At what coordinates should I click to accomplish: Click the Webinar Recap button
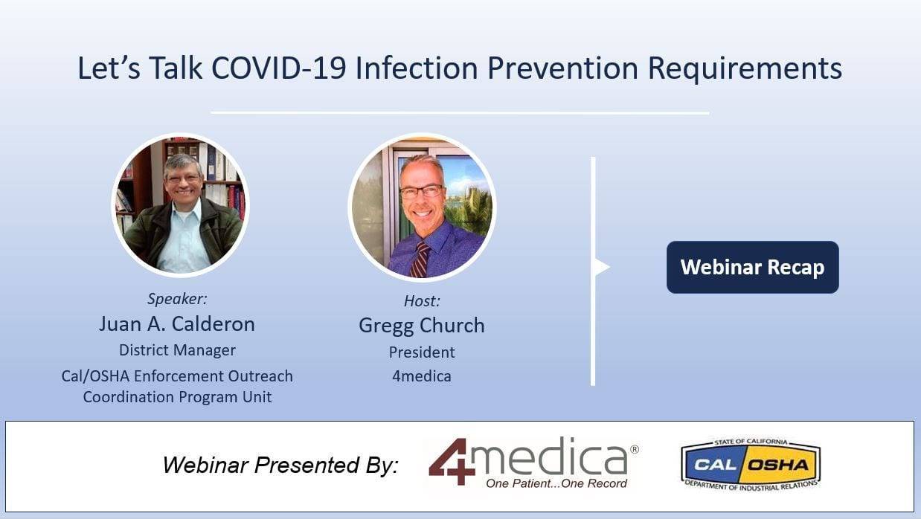752,267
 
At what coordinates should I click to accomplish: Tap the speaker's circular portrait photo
180,204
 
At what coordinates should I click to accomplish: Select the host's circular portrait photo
422,207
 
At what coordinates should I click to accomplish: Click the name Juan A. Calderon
177,323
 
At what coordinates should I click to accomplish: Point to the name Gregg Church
422,326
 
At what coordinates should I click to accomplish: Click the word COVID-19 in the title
278,68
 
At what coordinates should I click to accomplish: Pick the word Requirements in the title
745,69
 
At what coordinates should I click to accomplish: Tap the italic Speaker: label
177,299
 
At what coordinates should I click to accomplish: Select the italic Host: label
422,301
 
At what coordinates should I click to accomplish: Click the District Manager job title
177,350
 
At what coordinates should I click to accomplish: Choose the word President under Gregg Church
422,352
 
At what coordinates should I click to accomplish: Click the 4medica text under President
422,376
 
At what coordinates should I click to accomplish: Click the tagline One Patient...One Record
556,483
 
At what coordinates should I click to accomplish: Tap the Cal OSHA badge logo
751,464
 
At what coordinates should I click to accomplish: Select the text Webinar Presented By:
280,465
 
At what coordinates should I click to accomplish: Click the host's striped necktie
420,259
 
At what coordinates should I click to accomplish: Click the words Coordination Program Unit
177,397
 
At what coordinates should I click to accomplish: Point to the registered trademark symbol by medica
635,449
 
